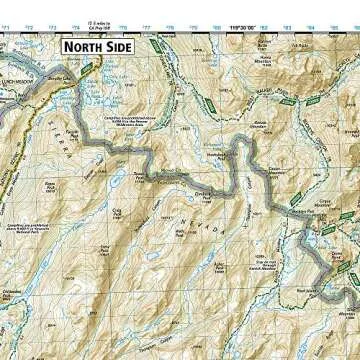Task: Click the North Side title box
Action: (x=99, y=46)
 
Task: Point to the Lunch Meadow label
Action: (x=17, y=87)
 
